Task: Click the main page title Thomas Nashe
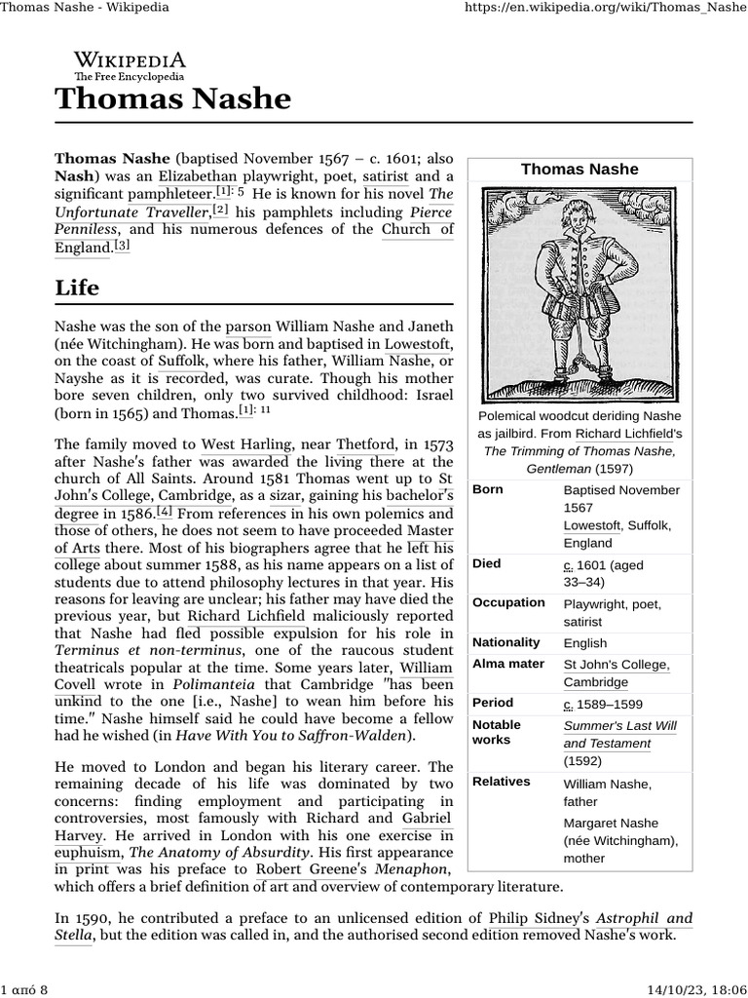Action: [172, 98]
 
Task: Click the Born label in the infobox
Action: [488, 489]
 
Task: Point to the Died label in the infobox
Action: [487, 564]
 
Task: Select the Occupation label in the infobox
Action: [508, 602]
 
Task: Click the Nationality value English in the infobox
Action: [584, 643]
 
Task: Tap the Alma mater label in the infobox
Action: [507, 665]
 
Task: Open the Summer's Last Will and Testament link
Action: [619, 735]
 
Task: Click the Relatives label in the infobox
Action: [501, 782]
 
